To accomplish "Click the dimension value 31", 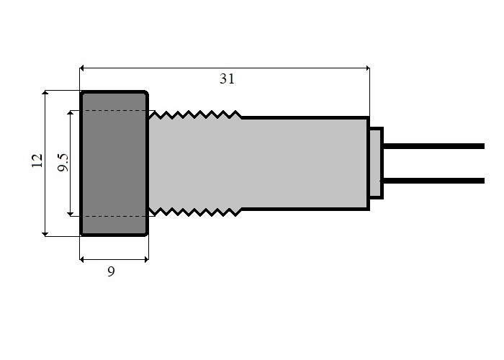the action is (227, 79).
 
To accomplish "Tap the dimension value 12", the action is (37, 161).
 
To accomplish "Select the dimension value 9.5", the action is (63, 163).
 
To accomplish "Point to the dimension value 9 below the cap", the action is (110, 271).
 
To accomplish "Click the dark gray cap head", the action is (114, 163).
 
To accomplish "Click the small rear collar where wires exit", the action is (376, 163).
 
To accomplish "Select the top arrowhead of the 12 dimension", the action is (45, 94).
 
